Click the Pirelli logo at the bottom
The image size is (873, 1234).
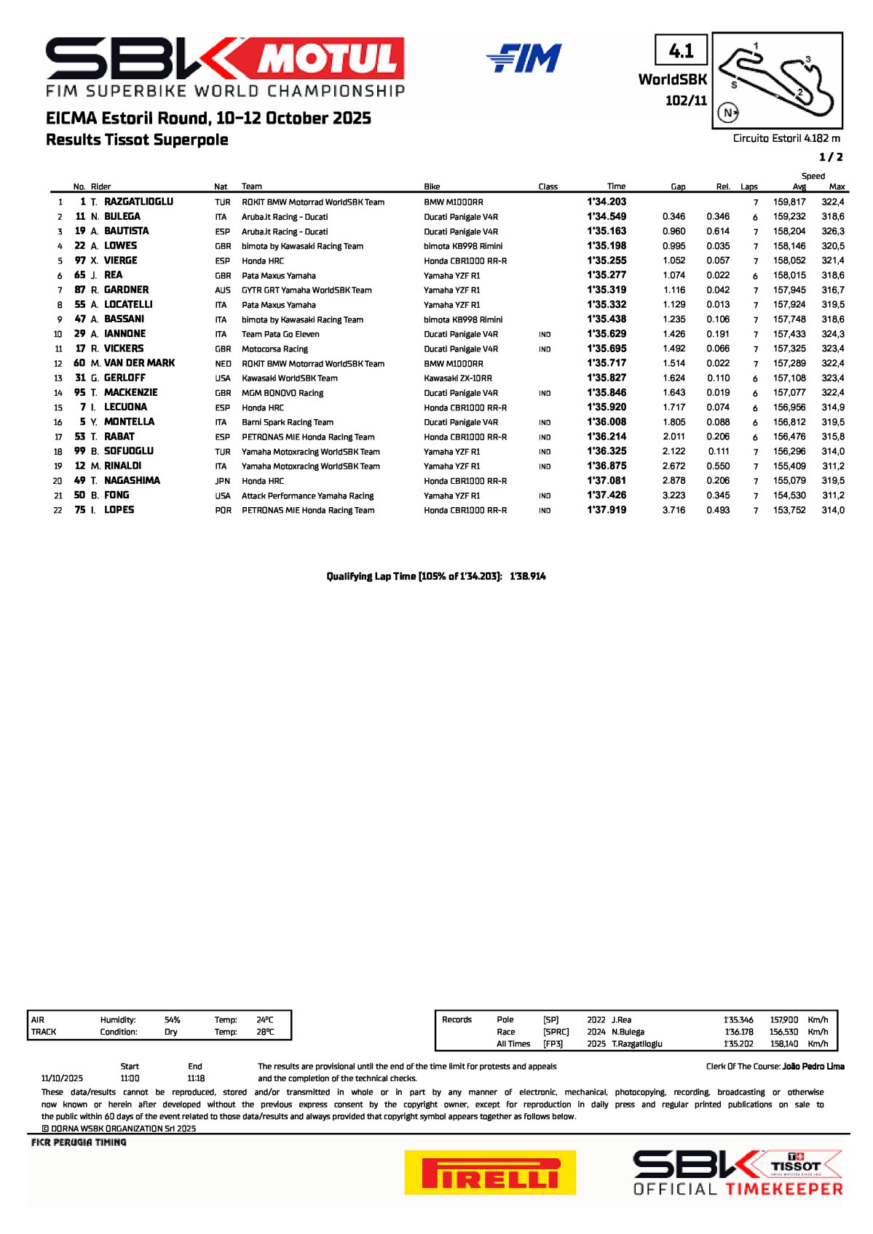(x=490, y=1172)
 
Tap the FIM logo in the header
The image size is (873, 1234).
(x=524, y=58)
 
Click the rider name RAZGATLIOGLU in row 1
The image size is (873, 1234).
(x=138, y=202)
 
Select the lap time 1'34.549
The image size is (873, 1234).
(x=607, y=216)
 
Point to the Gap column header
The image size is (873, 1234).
(x=678, y=186)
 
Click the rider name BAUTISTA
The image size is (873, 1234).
(x=126, y=231)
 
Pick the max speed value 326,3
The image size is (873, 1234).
(x=833, y=231)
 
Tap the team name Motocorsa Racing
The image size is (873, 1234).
(x=274, y=349)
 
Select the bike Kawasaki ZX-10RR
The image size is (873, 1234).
(x=458, y=378)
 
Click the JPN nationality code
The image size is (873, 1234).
(x=223, y=480)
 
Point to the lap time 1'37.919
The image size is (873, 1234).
(x=607, y=509)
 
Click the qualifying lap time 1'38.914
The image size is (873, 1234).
(x=528, y=576)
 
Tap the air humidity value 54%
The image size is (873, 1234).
(x=172, y=1019)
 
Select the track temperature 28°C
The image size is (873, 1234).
(x=265, y=1032)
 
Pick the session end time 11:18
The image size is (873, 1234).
(x=196, y=1078)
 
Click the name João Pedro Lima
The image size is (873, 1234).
(x=813, y=1066)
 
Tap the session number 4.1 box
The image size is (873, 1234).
(x=681, y=51)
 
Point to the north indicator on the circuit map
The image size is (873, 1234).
(x=728, y=112)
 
